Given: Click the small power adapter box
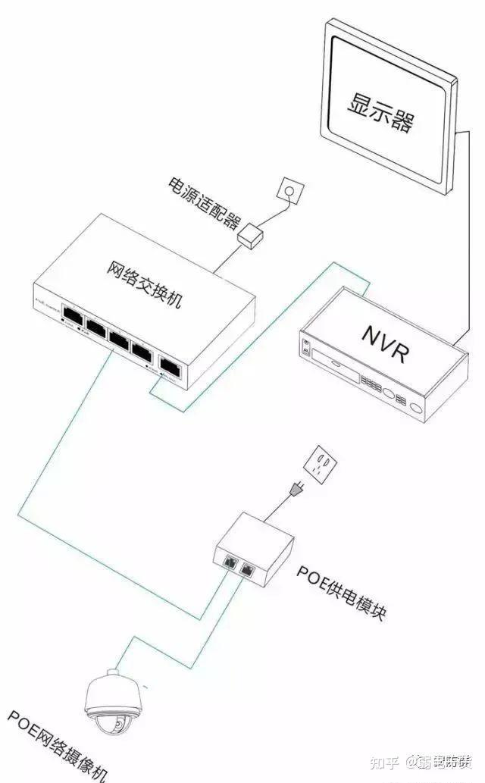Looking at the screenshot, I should click(x=249, y=236).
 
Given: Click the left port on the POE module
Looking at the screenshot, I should click(x=229, y=562).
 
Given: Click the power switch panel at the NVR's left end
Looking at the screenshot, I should click(x=306, y=347).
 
